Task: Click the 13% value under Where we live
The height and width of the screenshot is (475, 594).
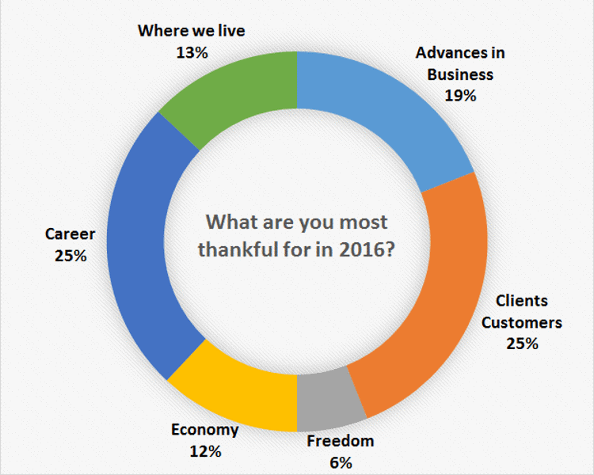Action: (192, 53)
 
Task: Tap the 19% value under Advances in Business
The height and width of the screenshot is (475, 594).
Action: (460, 96)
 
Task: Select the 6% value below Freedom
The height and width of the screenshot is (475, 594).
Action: (341, 462)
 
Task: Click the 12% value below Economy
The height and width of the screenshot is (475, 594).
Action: (205, 451)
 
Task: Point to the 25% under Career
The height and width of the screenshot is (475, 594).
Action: (70, 256)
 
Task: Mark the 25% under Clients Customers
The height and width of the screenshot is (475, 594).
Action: (522, 344)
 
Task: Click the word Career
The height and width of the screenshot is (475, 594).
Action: (70, 234)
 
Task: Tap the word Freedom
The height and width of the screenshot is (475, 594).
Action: (341, 441)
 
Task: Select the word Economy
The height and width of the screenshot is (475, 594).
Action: (205, 430)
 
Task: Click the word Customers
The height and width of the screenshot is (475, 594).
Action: (522, 323)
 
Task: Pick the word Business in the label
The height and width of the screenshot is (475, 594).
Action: (460, 74)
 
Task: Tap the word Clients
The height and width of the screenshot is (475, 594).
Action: (522, 301)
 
